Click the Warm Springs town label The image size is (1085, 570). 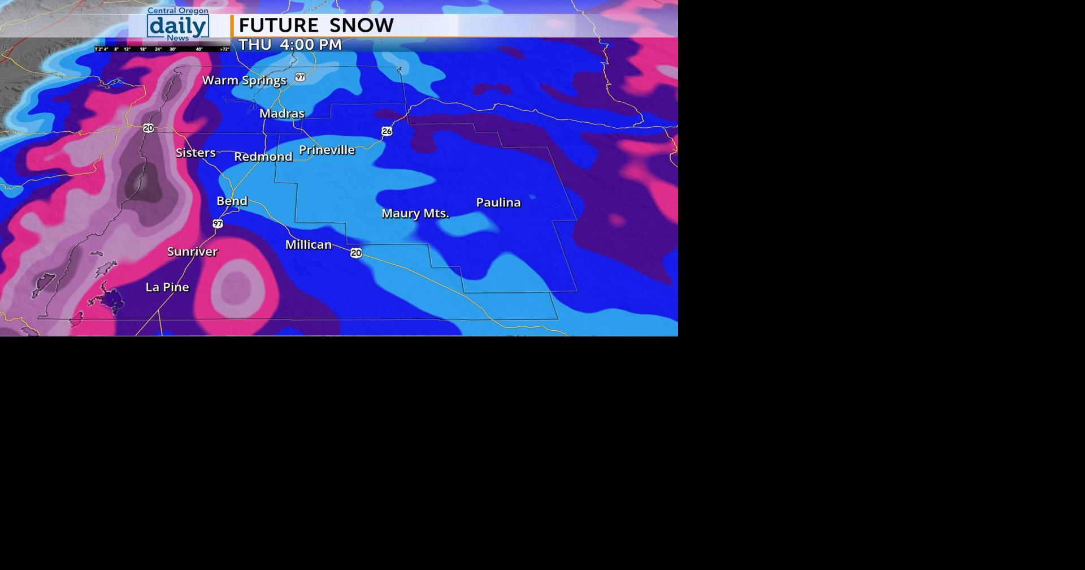[244, 80]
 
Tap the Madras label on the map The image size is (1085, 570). [281, 114]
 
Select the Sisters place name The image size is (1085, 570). [196, 153]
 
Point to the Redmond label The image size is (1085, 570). [263, 157]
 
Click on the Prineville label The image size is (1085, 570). [327, 150]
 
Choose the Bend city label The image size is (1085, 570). [232, 201]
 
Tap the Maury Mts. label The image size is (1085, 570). [415, 213]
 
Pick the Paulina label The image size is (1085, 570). [498, 202]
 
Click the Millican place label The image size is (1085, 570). [308, 244]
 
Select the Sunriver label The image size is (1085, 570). [192, 252]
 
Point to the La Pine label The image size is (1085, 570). [167, 287]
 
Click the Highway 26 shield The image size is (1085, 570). [387, 131]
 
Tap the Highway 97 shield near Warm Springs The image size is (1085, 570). [300, 77]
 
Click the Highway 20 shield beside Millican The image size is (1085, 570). [356, 253]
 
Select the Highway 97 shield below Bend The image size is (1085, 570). [218, 224]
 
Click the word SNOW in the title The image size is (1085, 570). [361, 25]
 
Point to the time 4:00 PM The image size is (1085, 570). [310, 45]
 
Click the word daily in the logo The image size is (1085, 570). [177, 26]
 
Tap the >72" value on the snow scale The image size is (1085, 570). [224, 50]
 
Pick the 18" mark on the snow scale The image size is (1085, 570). [143, 50]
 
